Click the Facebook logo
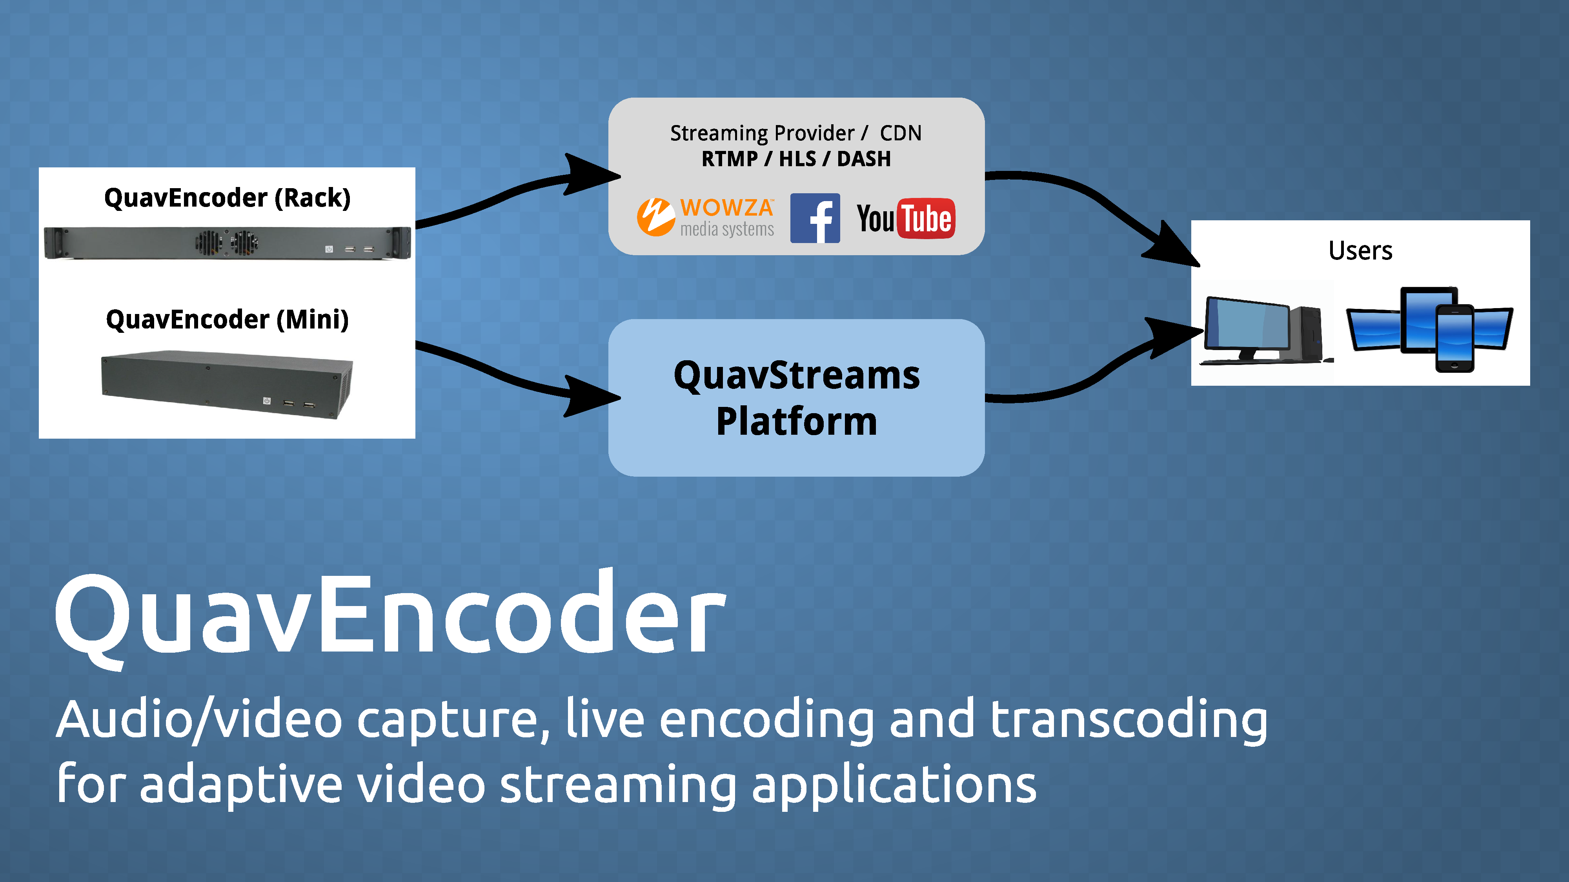[815, 218]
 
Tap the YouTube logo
[906, 218]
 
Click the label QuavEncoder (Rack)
[227, 198]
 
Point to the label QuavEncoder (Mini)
[227, 319]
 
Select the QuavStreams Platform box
[797, 397]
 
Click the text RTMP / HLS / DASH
[796, 159]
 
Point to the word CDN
[901, 133]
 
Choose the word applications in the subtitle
[894, 785]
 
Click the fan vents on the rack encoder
[227, 243]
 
